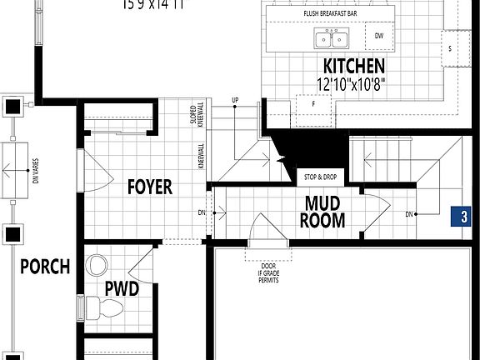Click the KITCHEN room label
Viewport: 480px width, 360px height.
click(353, 66)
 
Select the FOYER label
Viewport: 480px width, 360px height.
click(150, 186)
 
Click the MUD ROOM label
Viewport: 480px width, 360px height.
click(325, 212)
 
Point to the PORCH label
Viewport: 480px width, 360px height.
click(45, 267)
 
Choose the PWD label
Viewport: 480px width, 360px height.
click(121, 287)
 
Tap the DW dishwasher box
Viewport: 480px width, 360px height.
click(379, 36)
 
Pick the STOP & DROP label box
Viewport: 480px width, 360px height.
click(320, 178)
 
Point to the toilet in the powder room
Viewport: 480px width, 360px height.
click(103, 309)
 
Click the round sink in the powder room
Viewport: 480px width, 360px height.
click(97, 267)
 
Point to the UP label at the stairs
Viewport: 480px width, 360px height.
click(235, 102)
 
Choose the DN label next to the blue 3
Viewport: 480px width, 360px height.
click(409, 214)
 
